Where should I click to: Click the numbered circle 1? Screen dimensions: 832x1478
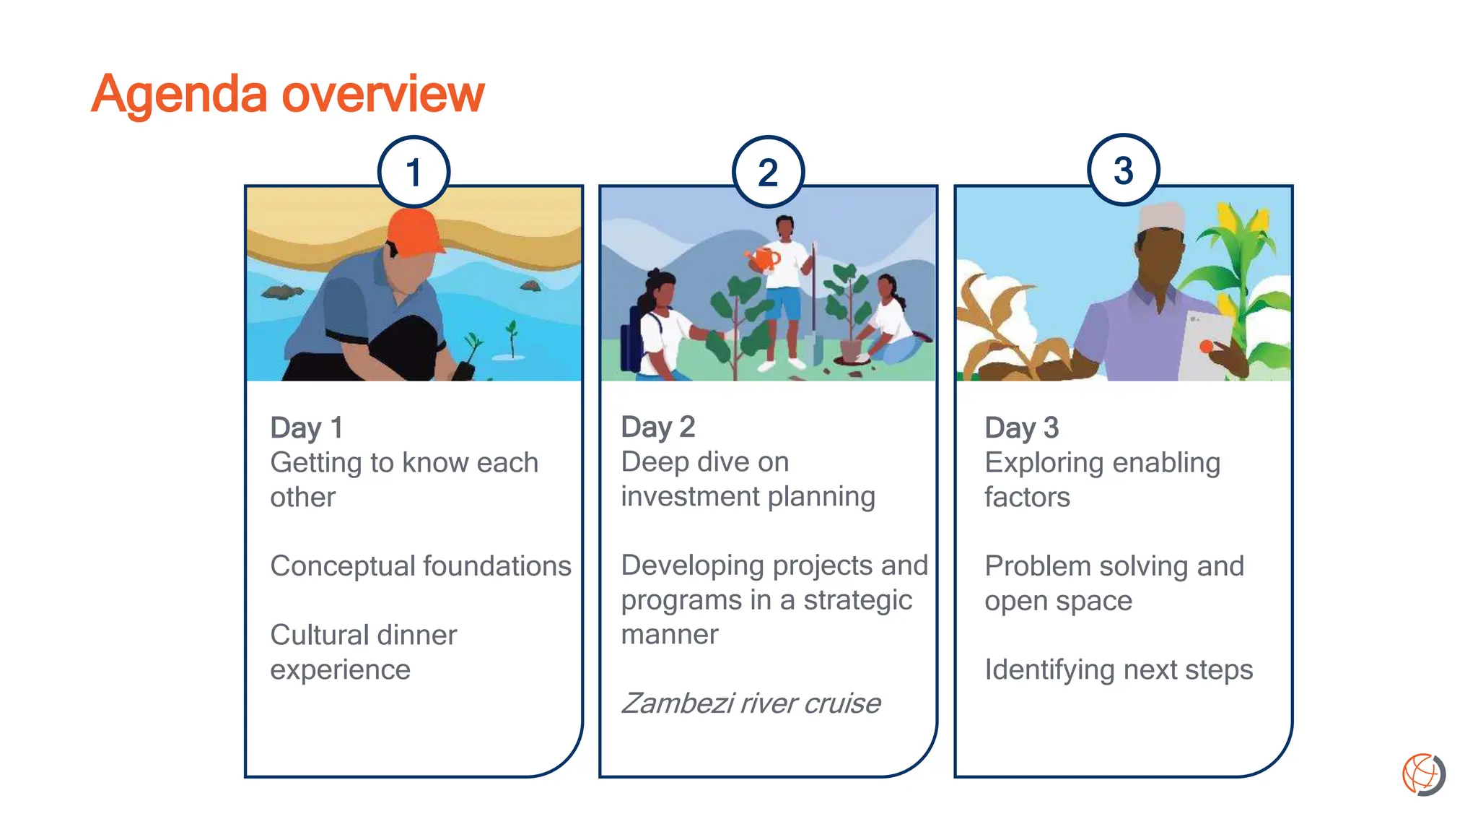tap(414, 172)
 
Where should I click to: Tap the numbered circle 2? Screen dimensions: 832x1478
tap(768, 172)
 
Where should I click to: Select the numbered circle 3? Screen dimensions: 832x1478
tap(1123, 170)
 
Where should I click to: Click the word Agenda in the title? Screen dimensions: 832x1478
tap(179, 94)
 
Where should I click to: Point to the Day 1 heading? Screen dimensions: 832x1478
tap(306, 428)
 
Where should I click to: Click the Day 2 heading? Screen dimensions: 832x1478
tap(657, 427)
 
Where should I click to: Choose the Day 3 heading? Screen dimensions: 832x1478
tap(1021, 428)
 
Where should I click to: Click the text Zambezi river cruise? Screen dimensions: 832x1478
tap(751, 703)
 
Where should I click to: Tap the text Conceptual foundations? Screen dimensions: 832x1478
tap(420, 565)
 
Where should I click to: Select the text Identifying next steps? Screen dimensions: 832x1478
tap(1118, 669)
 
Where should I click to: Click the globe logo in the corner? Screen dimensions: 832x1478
tap(1423, 775)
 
